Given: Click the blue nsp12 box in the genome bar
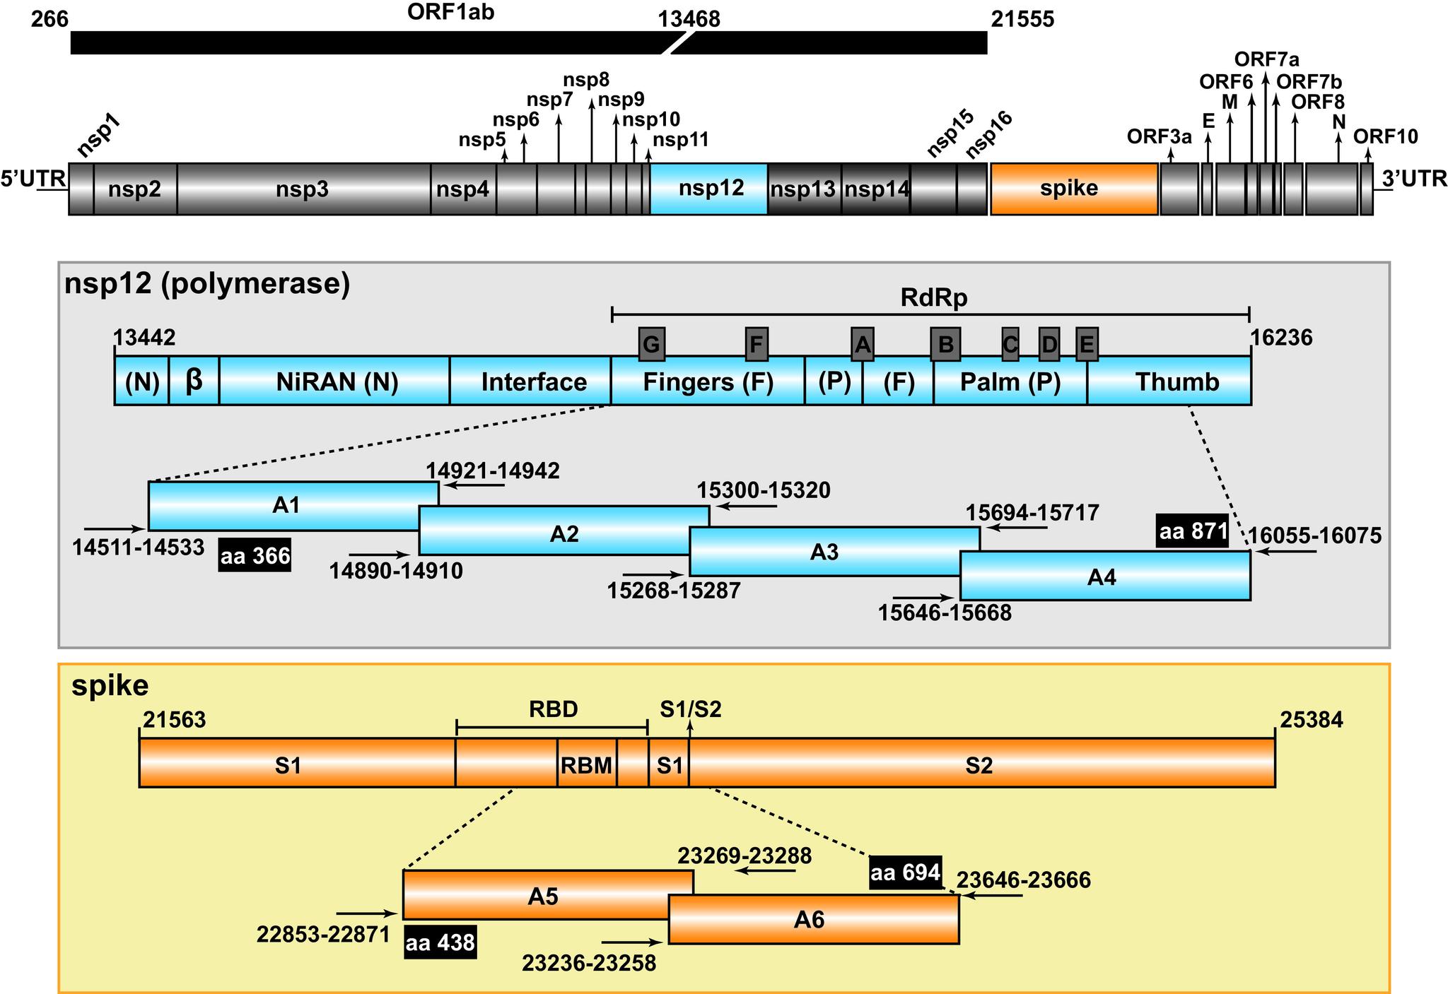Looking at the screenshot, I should [x=708, y=189].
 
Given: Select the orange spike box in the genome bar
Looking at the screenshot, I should [x=1073, y=189].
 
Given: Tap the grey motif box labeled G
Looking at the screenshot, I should [x=651, y=345].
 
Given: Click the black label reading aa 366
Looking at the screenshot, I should [x=255, y=556].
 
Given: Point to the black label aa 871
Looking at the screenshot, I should [x=1193, y=531].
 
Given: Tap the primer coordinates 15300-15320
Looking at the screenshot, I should [x=764, y=490].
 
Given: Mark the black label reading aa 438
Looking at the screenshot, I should [x=440, y=942].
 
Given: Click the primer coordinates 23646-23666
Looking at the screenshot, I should [x=1023, y=880].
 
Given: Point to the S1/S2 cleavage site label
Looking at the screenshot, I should [x=690, y=709].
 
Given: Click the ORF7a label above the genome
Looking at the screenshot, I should [x=1266, y=59].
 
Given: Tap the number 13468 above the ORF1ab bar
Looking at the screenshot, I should [x=689, y=20].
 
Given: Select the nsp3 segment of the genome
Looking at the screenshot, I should [x=303, y=189].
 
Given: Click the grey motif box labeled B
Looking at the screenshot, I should [x=945, y=345].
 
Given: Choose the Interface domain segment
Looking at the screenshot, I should [x=533, y=381].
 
